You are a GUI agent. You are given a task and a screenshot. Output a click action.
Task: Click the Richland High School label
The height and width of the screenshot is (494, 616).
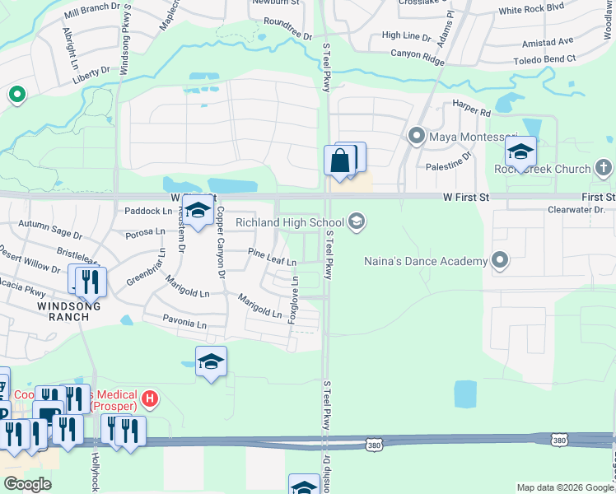coord(290,222)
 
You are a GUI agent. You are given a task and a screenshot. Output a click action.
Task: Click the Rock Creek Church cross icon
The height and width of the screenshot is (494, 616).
coord(603,169)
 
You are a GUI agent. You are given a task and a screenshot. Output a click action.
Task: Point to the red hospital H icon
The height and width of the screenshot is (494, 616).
coord(150,399)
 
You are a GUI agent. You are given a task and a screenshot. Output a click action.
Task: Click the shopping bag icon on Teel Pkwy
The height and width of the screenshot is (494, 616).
coord(340,161)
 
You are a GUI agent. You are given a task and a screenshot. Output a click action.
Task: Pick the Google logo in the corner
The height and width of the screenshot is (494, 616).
coord(27,484)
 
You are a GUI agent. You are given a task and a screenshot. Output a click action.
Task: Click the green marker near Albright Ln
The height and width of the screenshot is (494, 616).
coord(16,95)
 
